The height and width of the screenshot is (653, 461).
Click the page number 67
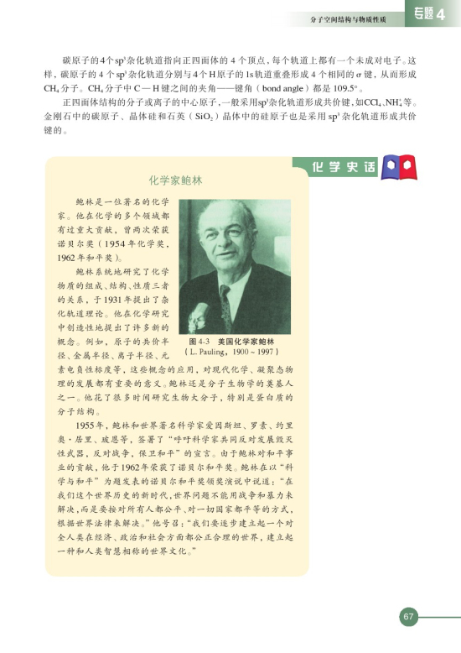[408, 617]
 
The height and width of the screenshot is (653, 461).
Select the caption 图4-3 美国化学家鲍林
[232, 342]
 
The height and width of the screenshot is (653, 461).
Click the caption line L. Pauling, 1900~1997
[232, 353]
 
